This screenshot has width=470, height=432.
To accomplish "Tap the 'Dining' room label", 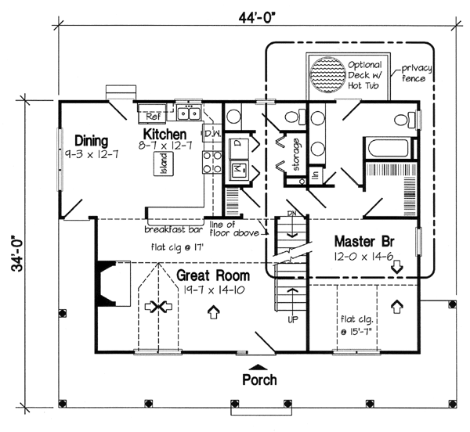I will pos(91,141).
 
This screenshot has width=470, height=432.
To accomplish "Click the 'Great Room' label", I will pos(212,275).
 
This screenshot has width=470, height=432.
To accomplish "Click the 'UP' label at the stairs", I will pos(293,321).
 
